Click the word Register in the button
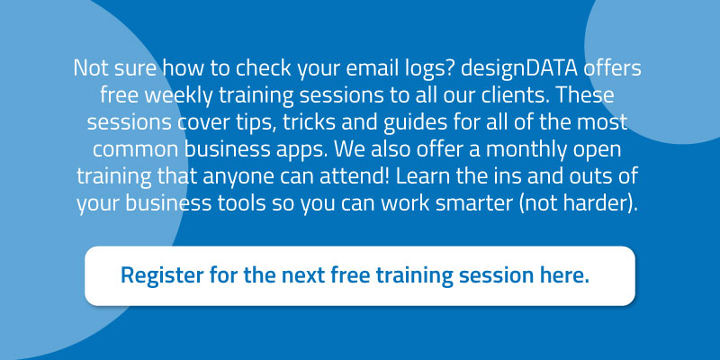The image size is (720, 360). [x=162, y=276]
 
